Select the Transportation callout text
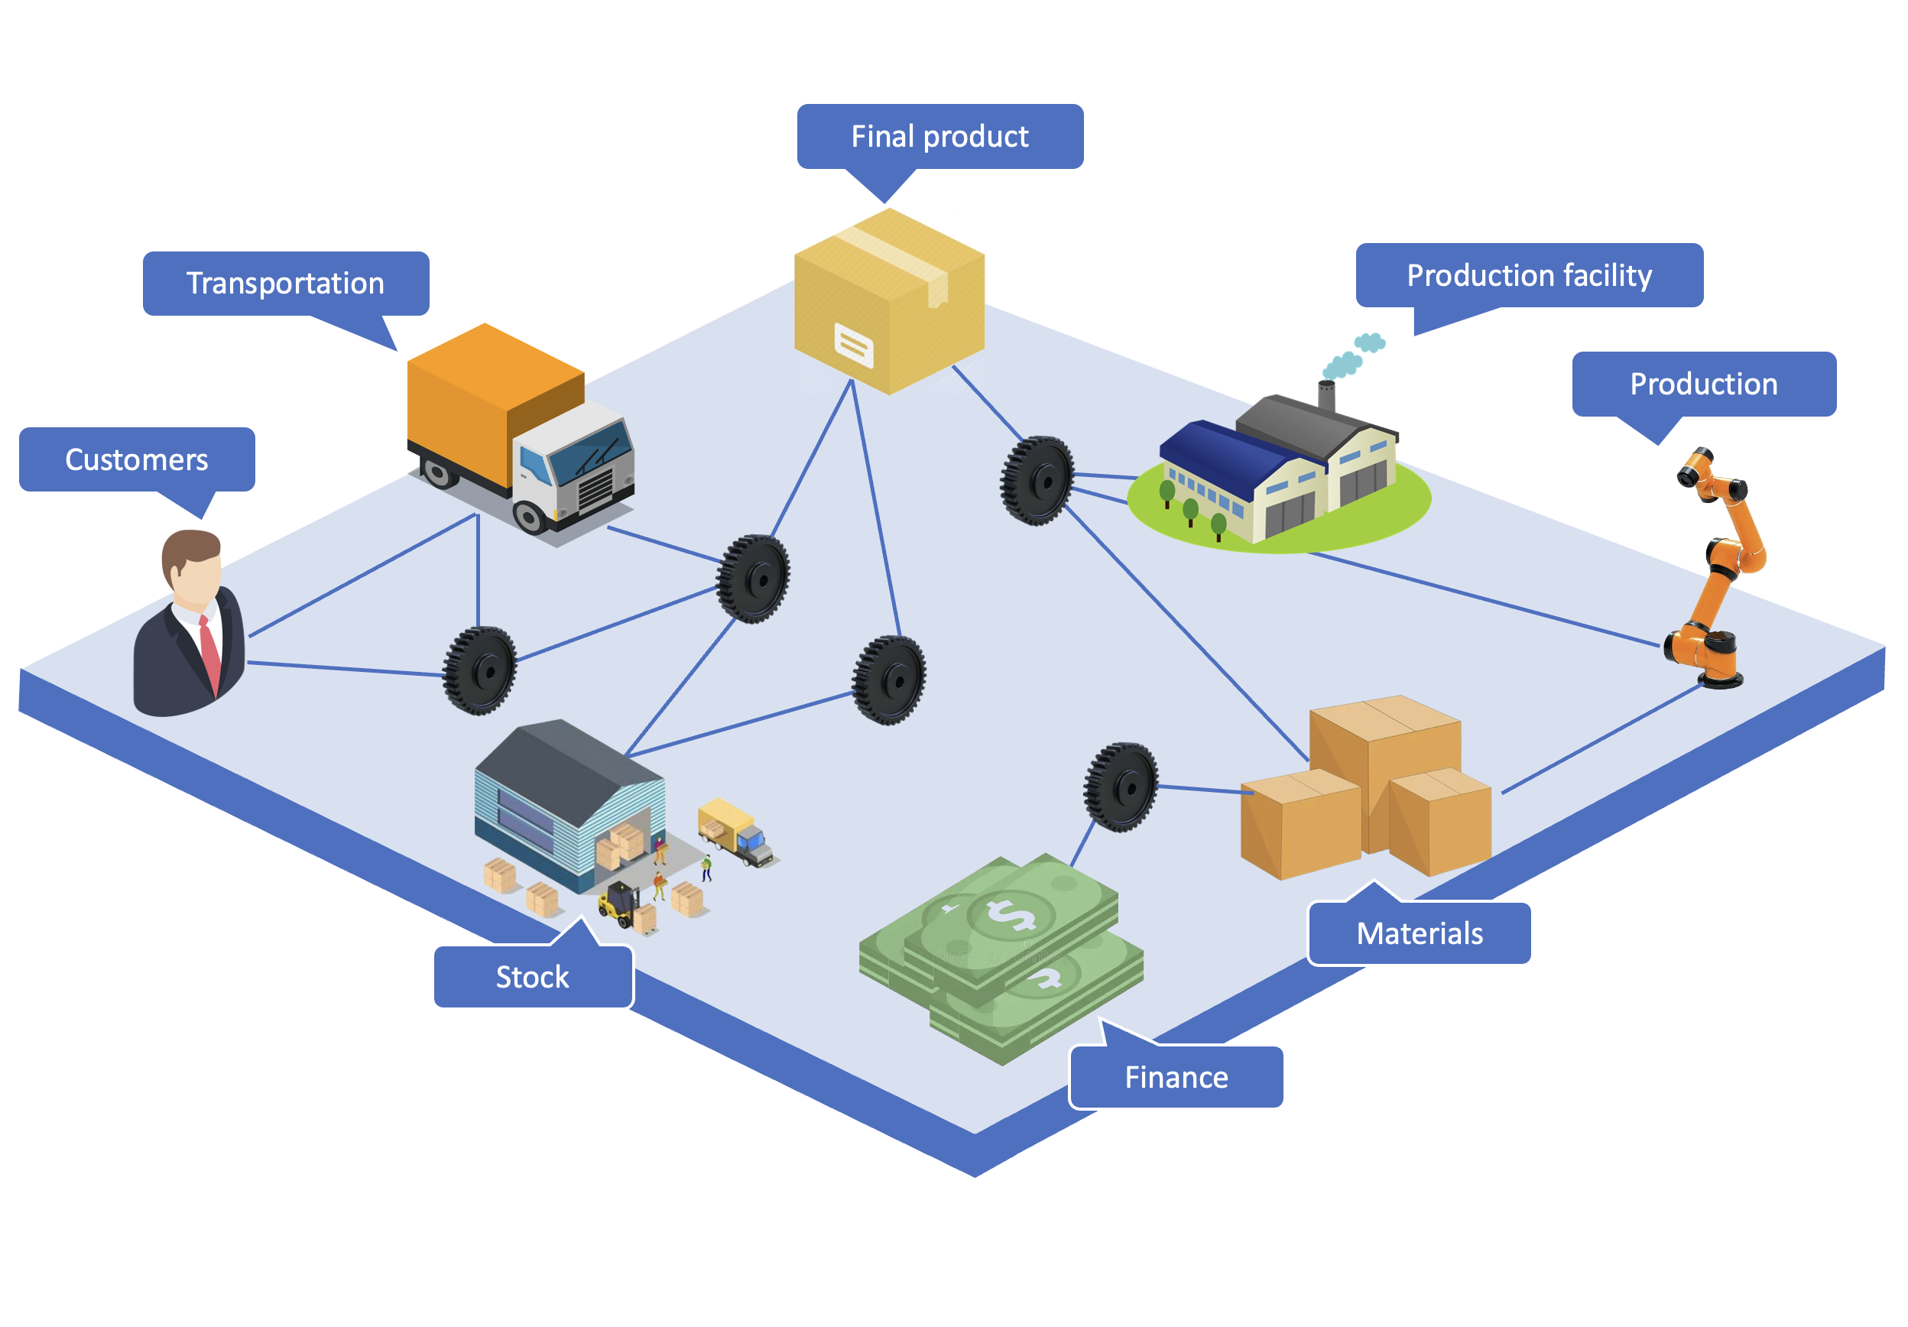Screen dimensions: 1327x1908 (285, 284)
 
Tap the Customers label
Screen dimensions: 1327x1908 (136, 459)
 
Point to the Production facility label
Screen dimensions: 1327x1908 (1528, 275)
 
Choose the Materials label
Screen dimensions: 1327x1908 (1420, 933)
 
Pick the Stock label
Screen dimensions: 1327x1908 (532, 977)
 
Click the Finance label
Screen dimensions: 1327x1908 (1176, 1077)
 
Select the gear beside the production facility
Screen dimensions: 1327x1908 (1037, 480)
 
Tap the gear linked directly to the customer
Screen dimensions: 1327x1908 (479, 670)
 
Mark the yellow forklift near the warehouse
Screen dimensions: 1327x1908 (618, 903)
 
